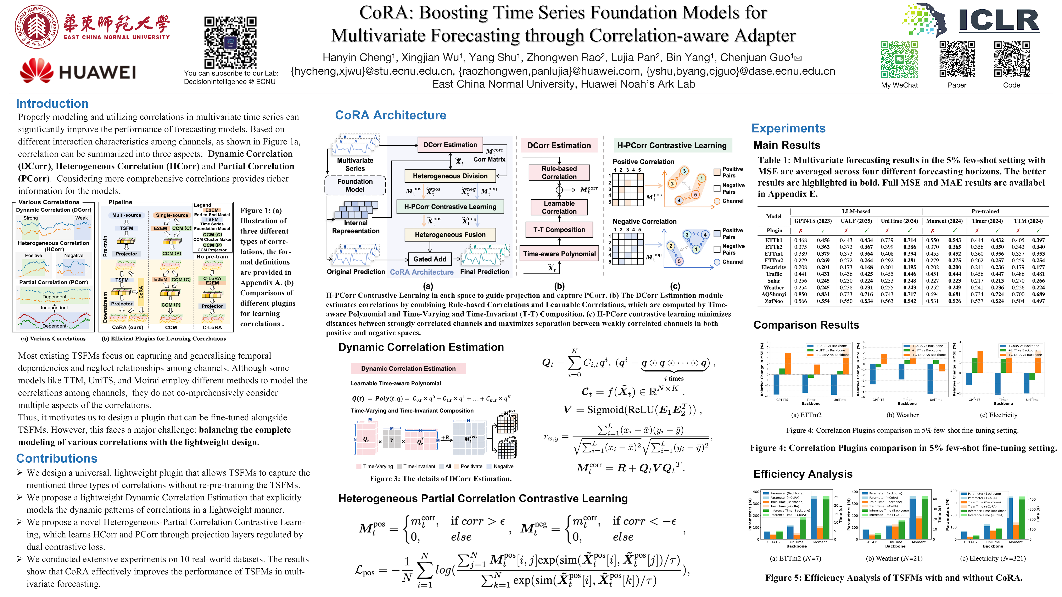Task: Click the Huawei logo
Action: (x=78, y=71)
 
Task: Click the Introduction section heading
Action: (x=52, y=103)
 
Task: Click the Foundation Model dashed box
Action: (x=355, y=185)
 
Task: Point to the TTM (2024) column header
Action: (x=1028, y=221)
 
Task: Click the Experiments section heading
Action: (x=788, y=128)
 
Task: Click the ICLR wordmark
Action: (x=999, y=21)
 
